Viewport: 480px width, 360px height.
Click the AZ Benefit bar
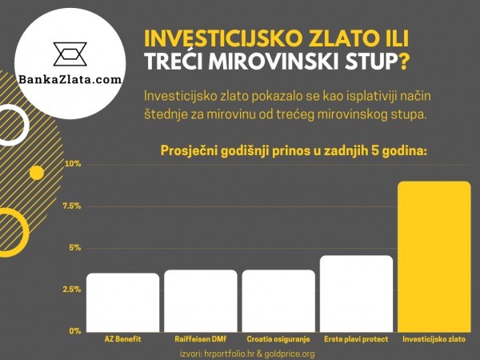[x=122, y=302]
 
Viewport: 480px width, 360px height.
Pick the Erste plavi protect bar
[x=357, y=293]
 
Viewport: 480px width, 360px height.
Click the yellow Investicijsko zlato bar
[x=434, y=256]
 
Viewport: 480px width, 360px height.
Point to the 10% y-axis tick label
[x=74, y=165]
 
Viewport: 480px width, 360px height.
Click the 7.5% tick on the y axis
[x=72, y=206]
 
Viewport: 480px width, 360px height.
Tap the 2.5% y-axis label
[x=72, y=290]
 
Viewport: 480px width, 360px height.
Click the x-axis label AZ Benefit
[x=122, y=339]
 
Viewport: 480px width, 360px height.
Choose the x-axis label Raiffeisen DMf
[x=201, y=339]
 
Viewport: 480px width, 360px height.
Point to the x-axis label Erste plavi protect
[x=357, y=339]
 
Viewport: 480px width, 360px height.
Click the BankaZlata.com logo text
[x=73, y=80]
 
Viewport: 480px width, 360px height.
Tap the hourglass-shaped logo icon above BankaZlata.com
[x=73, y=54]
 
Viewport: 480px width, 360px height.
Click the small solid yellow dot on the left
[x=36, y=172]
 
